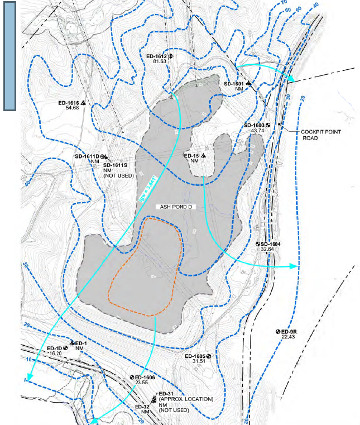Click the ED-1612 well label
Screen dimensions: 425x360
[x=156, y=56]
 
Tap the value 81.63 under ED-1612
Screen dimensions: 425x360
[x=160, y=61]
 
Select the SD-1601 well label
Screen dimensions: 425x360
[x=234, y=83]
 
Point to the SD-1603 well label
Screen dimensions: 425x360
[x=254, y=125]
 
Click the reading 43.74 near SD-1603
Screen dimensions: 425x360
[x=257, y=131]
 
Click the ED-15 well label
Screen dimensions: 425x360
[x=191, y=155]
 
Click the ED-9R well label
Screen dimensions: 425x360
[x=289, y=331]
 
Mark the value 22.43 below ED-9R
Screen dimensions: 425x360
[x=288, y=337]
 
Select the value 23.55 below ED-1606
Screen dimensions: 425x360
[x=144, y=383]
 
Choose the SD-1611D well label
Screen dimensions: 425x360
[x=87, y=157]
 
